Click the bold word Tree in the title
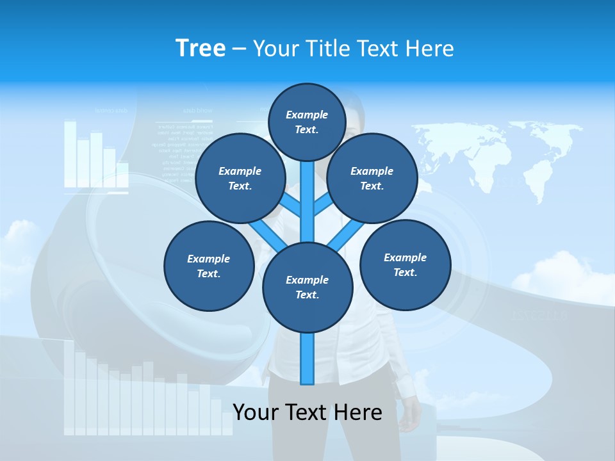201,48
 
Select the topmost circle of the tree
307,122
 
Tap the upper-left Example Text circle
240,178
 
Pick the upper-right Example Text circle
372,178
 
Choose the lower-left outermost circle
209,266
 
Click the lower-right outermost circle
406,264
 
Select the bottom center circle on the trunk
307,287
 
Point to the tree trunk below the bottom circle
307,359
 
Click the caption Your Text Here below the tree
307,412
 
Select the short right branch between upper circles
323,206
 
